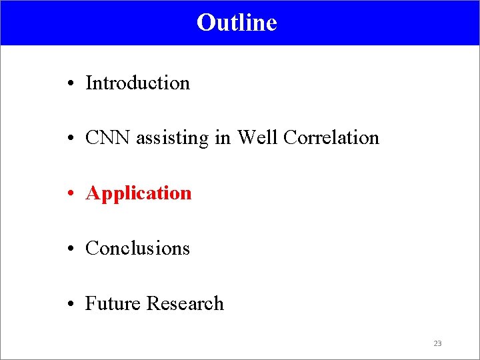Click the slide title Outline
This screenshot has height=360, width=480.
tap(237, 23)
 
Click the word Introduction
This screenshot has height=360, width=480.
tap(138, 83)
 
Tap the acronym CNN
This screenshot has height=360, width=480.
tap(109, 138)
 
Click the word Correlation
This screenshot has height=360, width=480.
tap(331, 138)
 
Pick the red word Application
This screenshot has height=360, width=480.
tap(139, 194)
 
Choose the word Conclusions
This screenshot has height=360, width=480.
tap(138, 249)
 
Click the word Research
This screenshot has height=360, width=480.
tap(185, 304)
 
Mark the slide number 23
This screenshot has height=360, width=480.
tap(437, 343)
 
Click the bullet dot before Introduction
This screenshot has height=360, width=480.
tap(70, 85)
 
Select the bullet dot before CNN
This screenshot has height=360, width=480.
tap(70, 139)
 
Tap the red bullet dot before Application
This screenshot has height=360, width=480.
tap(70, 195)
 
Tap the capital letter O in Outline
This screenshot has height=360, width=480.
tap(204, 23)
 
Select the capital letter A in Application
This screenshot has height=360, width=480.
tap(92, 193)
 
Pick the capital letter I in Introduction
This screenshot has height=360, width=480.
tap(89, 83)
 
